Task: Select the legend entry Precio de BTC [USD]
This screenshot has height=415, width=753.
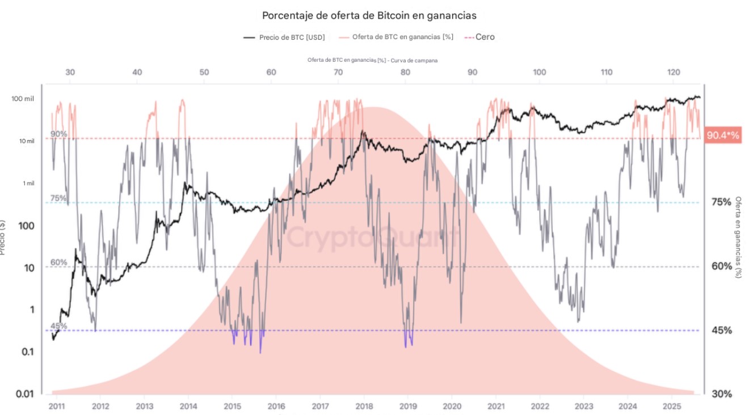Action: click(x=284, y=37)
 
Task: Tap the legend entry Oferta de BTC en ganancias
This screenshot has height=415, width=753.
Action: click(x=396, y=37)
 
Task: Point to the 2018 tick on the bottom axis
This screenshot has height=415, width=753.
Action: click(x=363, y=406)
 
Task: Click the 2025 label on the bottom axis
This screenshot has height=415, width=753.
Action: click(x=671, y=406)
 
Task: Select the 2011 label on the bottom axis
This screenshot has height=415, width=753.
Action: click(x=56, y=406)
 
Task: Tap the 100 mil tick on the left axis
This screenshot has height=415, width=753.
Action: click(x=23, y=99)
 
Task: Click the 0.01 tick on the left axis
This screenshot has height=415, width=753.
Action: click(x=24, y=394)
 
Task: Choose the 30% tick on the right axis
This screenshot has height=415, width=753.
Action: click(x=722, y=394)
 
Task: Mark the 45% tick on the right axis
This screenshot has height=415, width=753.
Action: click(x=722, y=331)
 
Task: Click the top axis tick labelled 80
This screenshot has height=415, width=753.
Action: click(x=405, y=72)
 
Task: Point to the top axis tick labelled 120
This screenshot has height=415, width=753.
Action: click(x=673, y=72)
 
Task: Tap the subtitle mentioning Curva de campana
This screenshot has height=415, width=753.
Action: click(x=372, y=60)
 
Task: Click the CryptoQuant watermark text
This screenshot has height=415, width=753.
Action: click(x=372, y=236)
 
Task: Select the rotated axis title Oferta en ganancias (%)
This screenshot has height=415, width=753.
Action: click(x=738, y=237)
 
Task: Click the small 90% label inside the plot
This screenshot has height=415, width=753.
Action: click(x=59, y=134)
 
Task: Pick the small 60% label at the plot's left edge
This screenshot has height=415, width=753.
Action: click(x=59, y=262)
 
